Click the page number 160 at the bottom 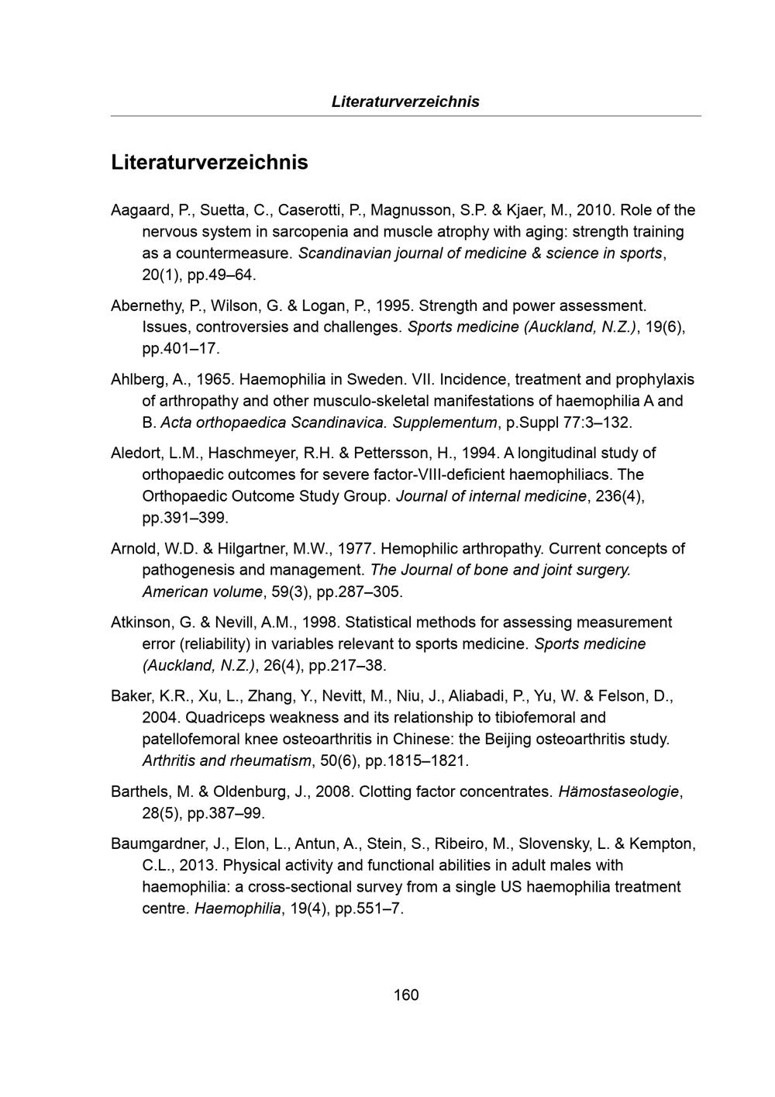405,995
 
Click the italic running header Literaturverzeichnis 405,102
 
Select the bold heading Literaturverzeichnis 209,163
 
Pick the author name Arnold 133,549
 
